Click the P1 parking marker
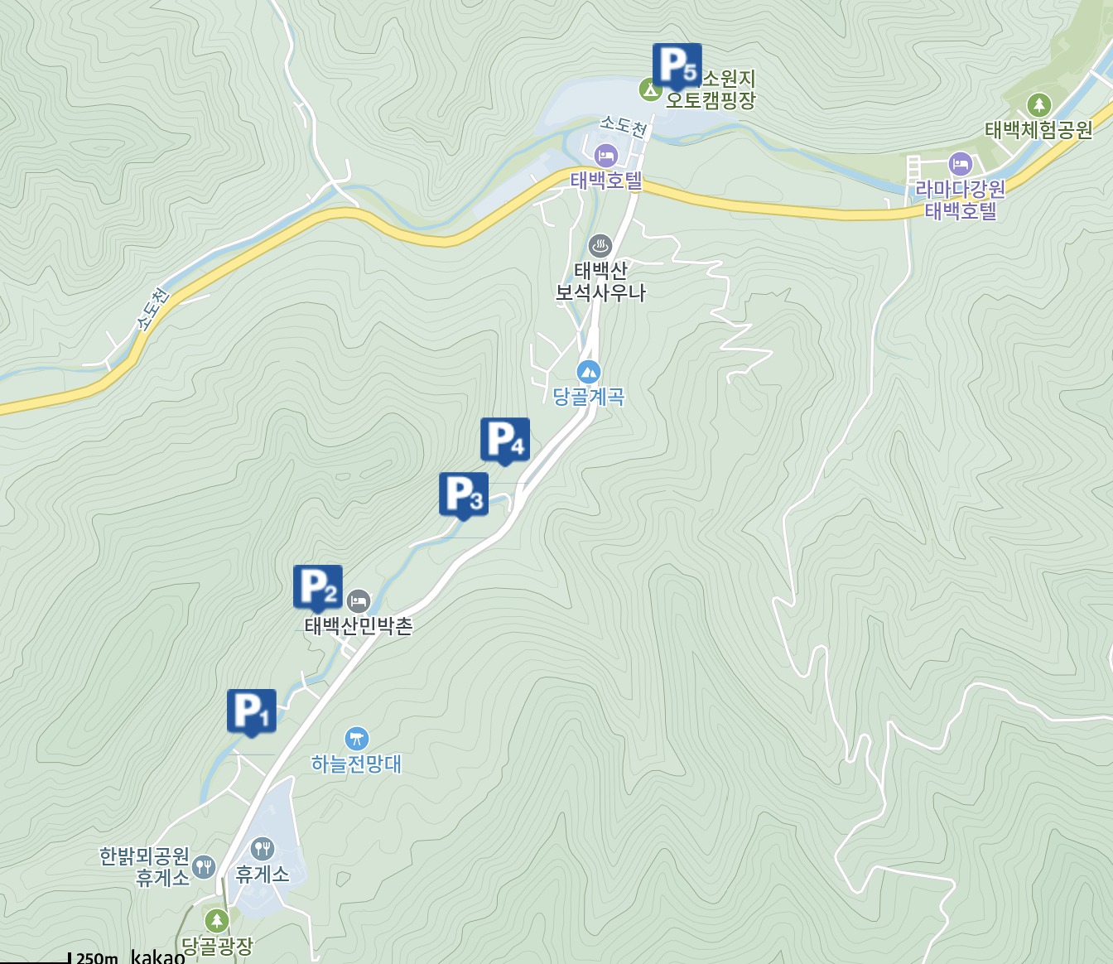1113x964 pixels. (x=251, y=711)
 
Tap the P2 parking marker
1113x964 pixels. (x=317, y=586)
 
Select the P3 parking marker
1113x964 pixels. (x=463, y=494)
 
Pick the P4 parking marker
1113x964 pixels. (x=504, y=439)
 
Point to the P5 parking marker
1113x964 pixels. (x=677, y=65)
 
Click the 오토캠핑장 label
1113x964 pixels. (x=711, y=100)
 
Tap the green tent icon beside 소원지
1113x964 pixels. (x=650, y=88)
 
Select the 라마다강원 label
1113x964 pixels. (x=960, y=189)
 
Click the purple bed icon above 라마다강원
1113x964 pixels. (x=960, y=163)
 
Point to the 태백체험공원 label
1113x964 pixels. (x=1038, y=130)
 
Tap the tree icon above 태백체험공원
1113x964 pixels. (x=1038, y=105)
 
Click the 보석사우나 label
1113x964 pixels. (x=600, y=292)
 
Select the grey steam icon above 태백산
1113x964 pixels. (x=600, y=245)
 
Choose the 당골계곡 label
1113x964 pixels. (x=589, y=397)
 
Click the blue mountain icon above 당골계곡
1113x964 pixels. (x=589, y=372)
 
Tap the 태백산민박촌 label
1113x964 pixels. (x=359, y=626)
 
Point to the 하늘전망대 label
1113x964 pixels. (x=356, y=764)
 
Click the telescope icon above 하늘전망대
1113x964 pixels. (x=357, y=738)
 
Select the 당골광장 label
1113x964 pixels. (x=217, y=946)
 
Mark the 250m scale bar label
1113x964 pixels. (x=97, y=957)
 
